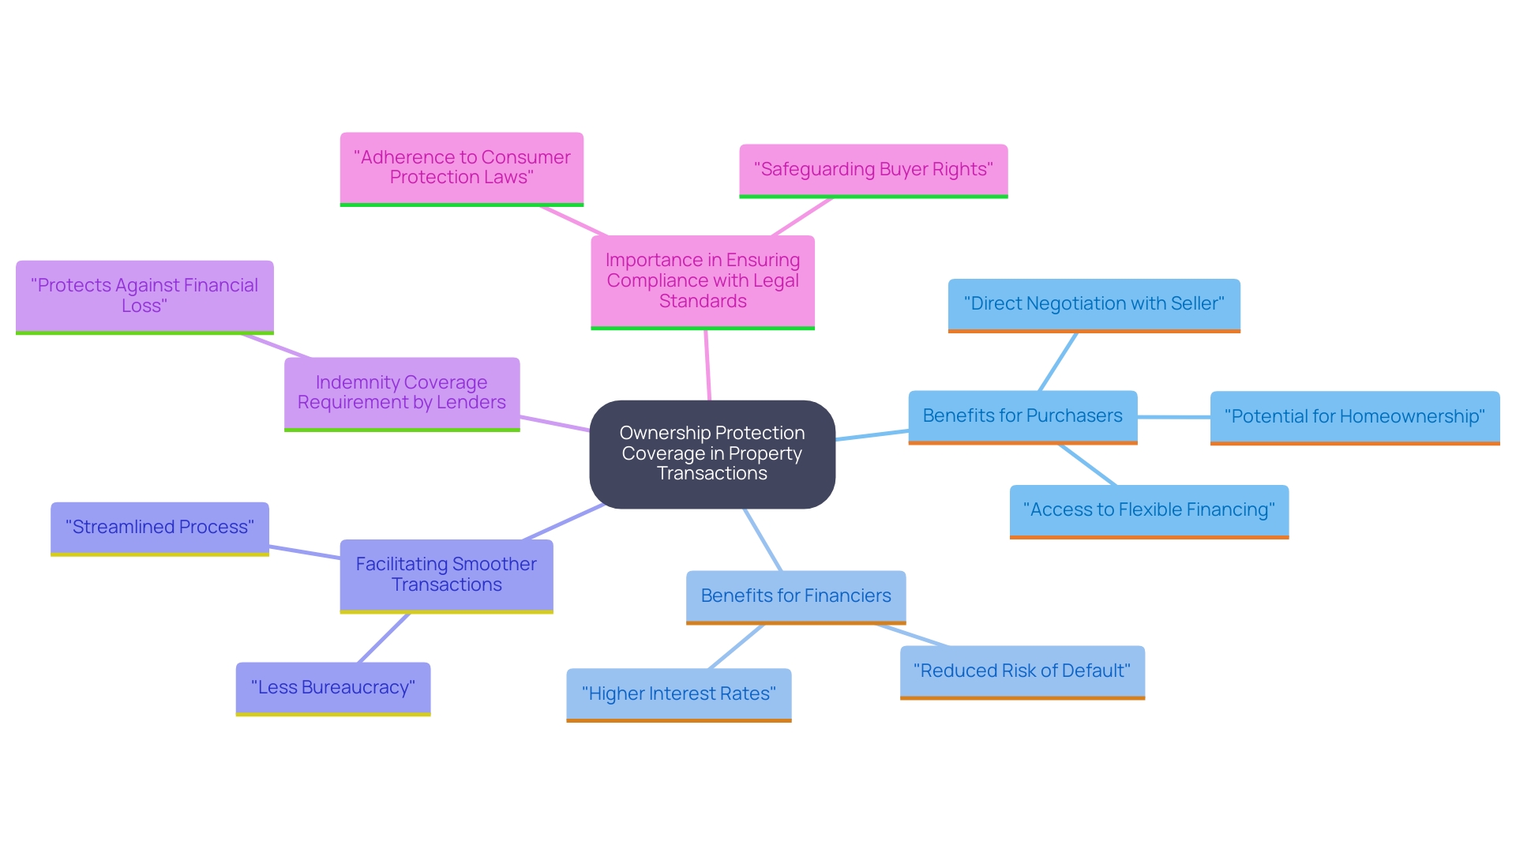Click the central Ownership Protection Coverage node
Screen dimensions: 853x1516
coord(711,453)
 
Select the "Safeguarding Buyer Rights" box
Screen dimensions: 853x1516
coord(873,170)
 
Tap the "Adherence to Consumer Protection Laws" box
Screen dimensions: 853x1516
coord(461,167)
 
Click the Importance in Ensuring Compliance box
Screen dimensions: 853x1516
coord(702,280)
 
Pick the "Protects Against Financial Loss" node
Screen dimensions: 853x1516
coord(144,295)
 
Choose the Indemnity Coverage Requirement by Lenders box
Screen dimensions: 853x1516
coord(401,393)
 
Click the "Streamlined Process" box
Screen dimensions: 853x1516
coord(159,528)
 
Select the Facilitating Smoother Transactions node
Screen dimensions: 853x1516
coord(446,574)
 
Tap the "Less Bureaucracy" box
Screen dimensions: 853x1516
coord(332,687)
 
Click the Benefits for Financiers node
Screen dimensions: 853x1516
coord(795,596)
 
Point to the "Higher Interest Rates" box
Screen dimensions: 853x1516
coord(678,693)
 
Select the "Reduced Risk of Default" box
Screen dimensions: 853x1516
coord(1022,671)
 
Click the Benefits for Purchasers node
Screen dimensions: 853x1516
coord(1022,415)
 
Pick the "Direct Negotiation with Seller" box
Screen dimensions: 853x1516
coord(1094,304)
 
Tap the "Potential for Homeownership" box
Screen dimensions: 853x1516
coord(1354,416)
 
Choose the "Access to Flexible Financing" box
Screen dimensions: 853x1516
coord(1148,510)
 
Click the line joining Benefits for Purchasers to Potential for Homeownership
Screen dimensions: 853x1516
coord(1173,416)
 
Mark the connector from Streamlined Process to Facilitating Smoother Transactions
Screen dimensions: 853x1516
coord(304,552)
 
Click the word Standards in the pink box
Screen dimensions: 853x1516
coord(703,302)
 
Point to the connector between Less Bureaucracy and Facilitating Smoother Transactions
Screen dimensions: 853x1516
coord(384,638)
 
